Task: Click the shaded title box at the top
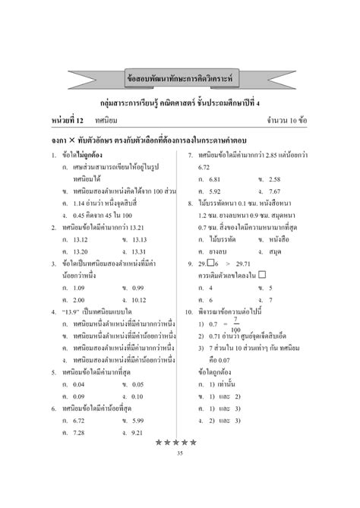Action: pyautogui.click(x=179, y=76)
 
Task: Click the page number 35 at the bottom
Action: pyautogui.click(x=180, y=454)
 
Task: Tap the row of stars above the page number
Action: pyautogui.click(x=180, y=443)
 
